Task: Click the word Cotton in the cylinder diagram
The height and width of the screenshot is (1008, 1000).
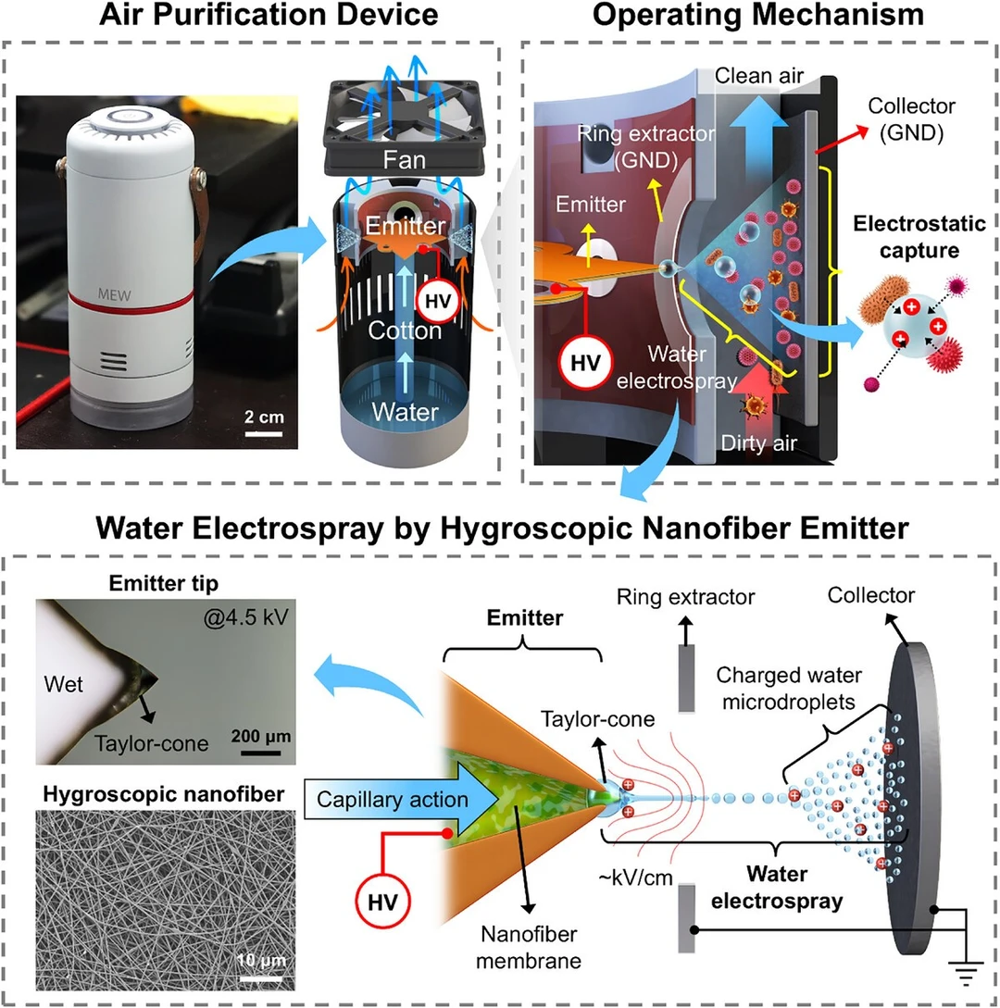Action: point(402,330)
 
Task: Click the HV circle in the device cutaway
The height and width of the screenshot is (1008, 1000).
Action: point(435,300)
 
